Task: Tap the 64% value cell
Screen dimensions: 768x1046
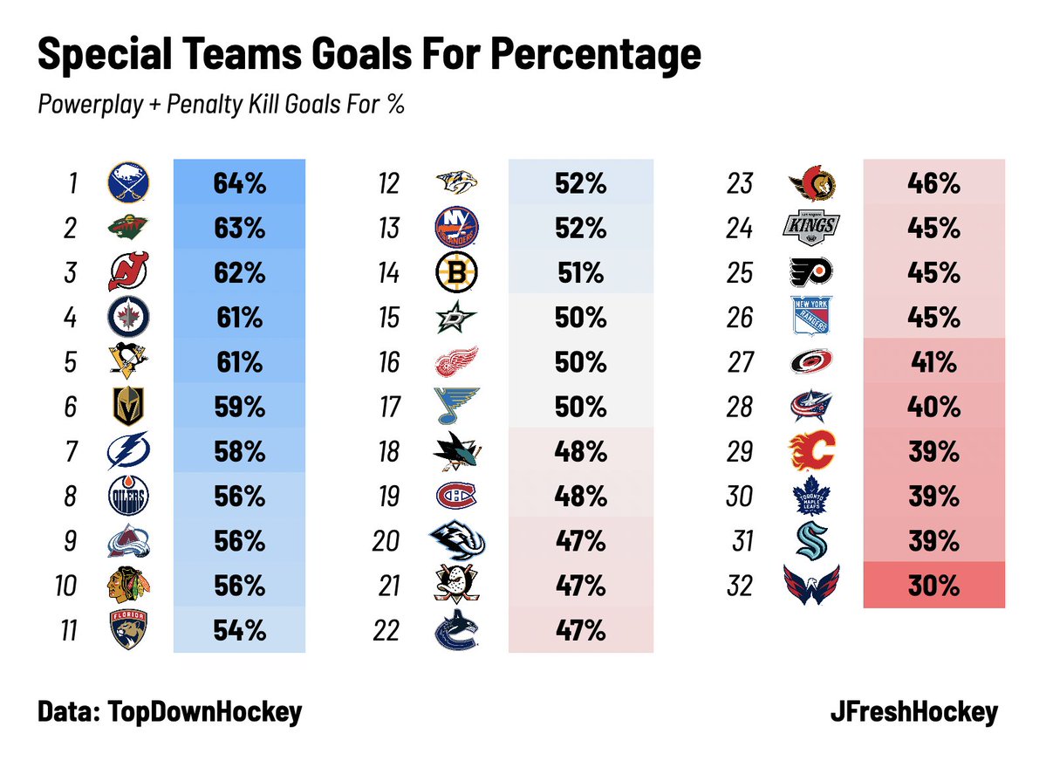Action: point(239,183)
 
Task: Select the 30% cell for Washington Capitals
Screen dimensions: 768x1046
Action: point(933,586)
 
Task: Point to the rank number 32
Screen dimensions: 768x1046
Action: point(739,586)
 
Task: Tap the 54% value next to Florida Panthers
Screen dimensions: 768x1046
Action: point(239,630)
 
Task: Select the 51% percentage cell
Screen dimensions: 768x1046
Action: point(579,273)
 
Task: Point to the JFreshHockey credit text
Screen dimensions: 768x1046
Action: point(913,712)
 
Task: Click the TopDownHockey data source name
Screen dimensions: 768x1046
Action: point(204,712)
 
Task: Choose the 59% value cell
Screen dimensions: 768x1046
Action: point(239,407)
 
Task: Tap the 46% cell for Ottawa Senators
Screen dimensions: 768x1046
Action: point(933,183)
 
